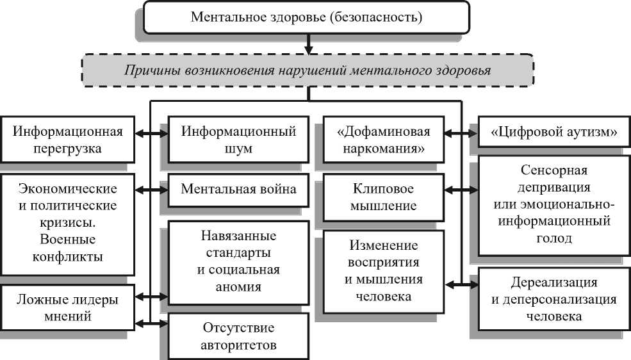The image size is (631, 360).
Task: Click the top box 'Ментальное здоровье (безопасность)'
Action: [x=306, y=17]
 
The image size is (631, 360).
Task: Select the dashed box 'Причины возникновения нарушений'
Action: [x=308, y=70]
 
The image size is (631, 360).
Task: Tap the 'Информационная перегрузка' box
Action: [x=68, y=140]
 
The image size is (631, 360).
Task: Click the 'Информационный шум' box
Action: [x=238, y=140]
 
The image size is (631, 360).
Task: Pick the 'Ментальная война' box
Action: [x=238, y=190]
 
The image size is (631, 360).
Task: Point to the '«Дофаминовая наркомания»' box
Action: [x=384, y=140]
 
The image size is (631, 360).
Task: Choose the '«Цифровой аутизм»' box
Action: [x=553, y=132]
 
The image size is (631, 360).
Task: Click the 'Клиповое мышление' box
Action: [x=384, y=197]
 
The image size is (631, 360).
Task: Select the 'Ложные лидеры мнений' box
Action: [x=68, y=307]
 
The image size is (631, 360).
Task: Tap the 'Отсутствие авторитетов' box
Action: [x=238, y=336]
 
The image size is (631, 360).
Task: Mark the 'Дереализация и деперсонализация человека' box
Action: [x=553, y=299]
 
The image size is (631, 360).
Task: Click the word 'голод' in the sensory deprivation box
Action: [x=553, y=238]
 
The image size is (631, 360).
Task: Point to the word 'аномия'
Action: [x=238, y=287]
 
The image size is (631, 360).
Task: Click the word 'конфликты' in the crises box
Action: [x=68, y=257]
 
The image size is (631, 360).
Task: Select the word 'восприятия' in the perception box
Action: [x=384, y=262]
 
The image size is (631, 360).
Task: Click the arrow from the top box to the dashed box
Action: [x=308, y=44]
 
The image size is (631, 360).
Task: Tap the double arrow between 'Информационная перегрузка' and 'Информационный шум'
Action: [x=151, y=133]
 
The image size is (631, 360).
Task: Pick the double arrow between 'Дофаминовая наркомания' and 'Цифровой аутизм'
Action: [x=461, y=133]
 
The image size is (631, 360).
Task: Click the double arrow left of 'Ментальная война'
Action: [x=151, y=190]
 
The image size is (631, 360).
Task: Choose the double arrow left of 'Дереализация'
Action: [x=461, y=285]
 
